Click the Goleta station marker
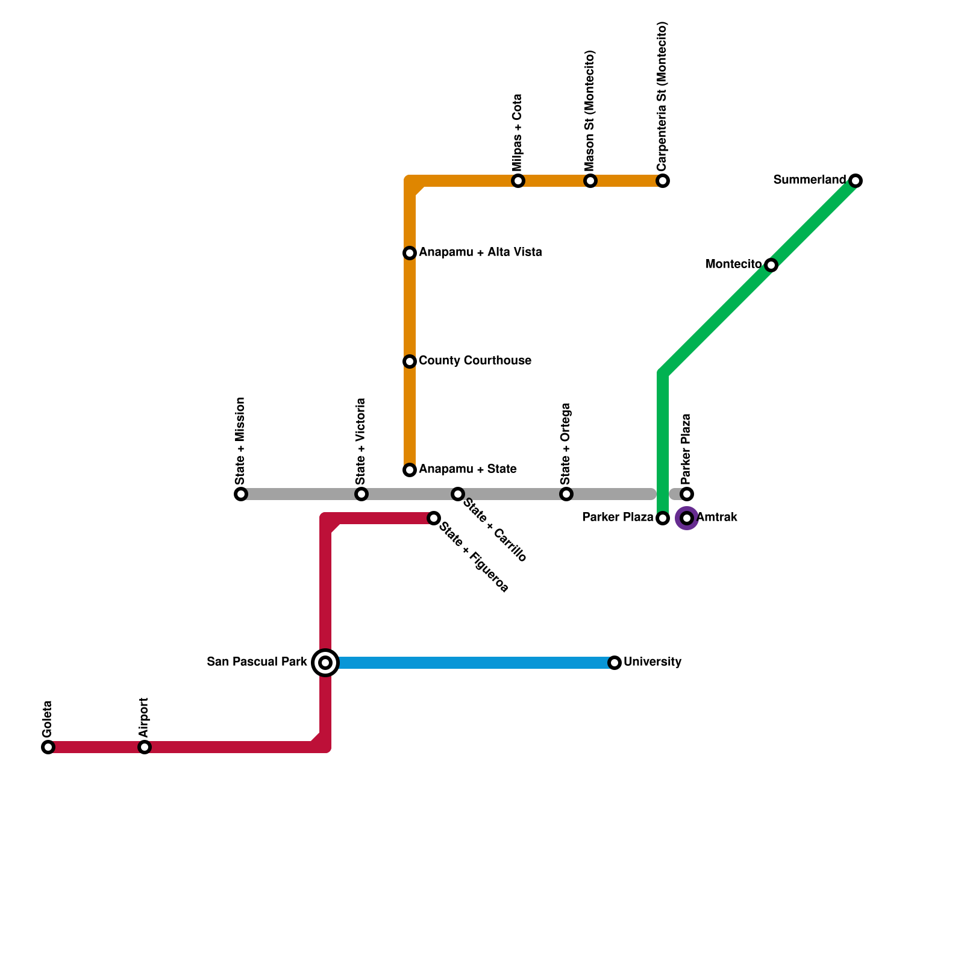tap(48, 747)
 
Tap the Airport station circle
tap(145, 747)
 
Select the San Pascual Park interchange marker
tap(325, 663)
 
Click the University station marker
tap(615, 663)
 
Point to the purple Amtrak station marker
tap(687, 518)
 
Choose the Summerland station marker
tap(856, 181)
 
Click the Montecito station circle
tap(771, 265)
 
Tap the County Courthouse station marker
tap(410, 361)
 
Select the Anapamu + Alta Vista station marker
tap(410, 253)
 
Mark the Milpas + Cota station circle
tap(518, 181)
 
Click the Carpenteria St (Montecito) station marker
tap(663, 181)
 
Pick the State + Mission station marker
tap(241, 494)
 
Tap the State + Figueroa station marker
tap(434, 518)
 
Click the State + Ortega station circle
tap(566, 494)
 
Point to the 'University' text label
tap(653, 662)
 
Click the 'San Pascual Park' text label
tap(257, 662)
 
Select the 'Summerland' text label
tap(810, 180)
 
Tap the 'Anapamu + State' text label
tap(468, 469)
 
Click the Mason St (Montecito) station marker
tap(590, 181)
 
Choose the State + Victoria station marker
tap(361, 494)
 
